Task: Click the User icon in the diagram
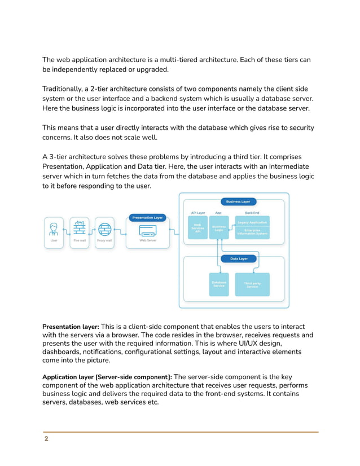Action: point(54,229)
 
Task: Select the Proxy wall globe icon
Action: point(104,229)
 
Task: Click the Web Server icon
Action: point(147,232)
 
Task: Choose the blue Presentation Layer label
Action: point(147,217)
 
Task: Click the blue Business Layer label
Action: point(238,201)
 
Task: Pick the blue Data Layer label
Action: point(239,258)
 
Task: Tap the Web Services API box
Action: point(197,228)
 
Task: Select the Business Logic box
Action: point(218,228)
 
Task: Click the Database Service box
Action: point(218,284)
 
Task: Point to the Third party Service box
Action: point(252,285)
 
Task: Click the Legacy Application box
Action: point(252,222)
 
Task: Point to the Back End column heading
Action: point(252,213)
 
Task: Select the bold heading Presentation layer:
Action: point(71,327)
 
